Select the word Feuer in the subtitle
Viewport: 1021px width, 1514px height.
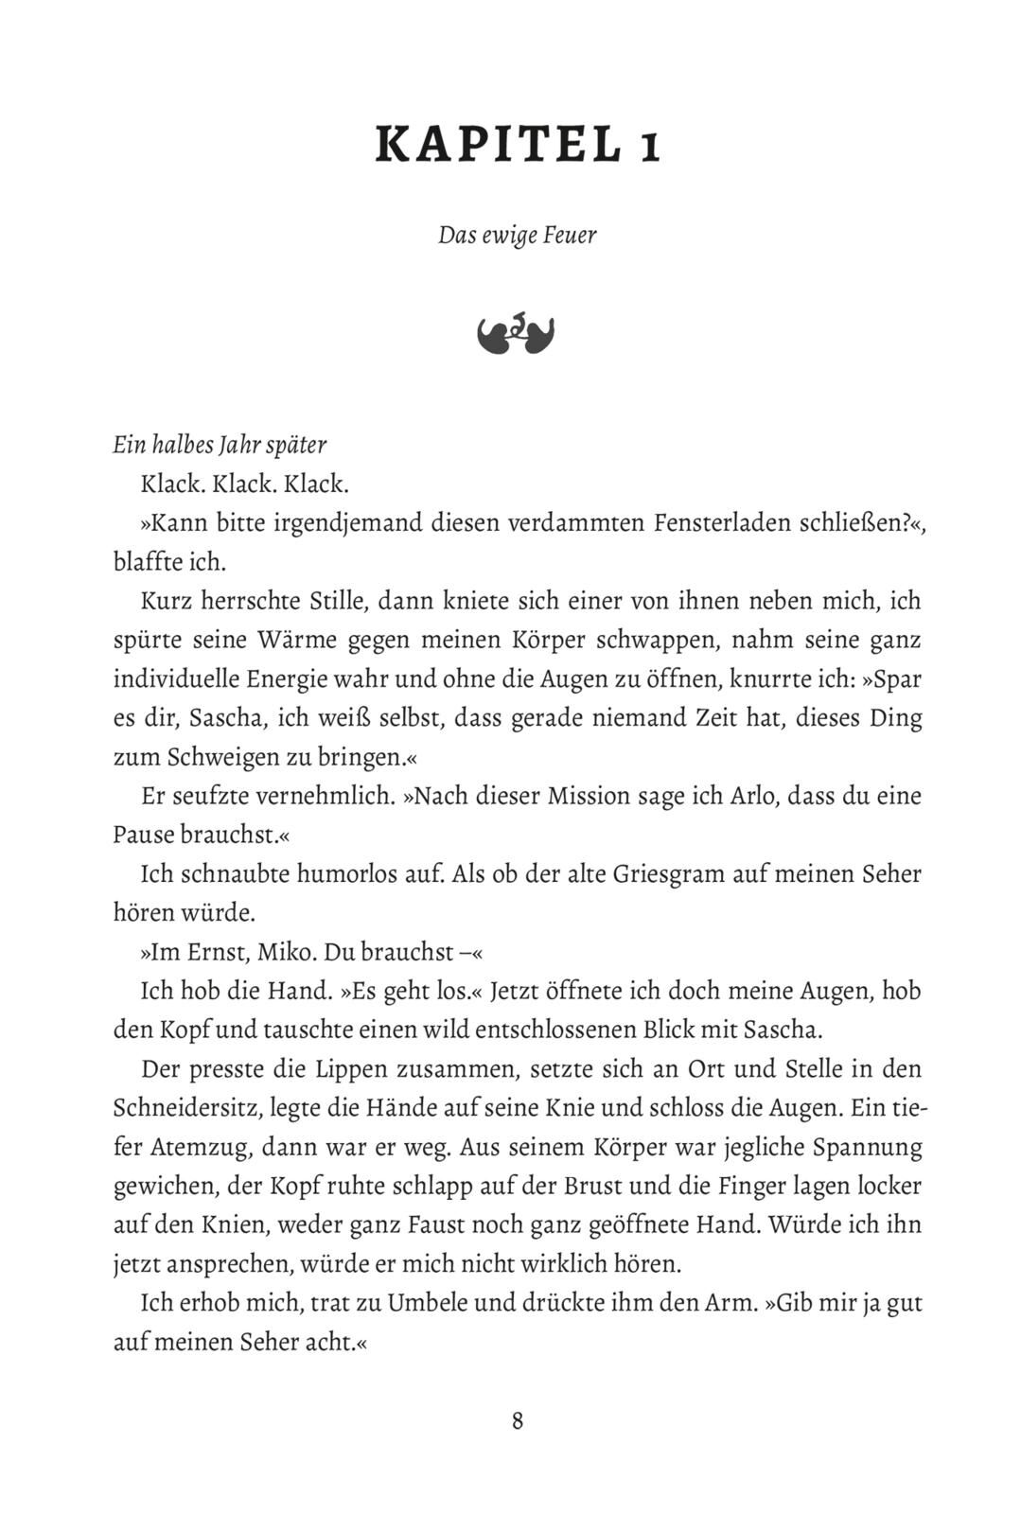click(571, 235)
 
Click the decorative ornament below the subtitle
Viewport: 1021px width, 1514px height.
click(517, 334)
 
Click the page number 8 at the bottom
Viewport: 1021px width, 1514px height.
click(517, 1420)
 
